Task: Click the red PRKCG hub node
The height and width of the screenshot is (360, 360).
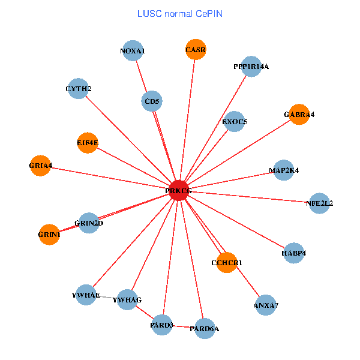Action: click(x=179, y=190)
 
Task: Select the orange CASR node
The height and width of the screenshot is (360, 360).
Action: click(x=196, y=50)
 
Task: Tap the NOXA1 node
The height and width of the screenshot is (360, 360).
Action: click(x=132, y=51)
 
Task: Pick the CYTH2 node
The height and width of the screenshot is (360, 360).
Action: click(x=78, y=89)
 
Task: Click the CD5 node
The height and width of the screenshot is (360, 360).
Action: click(x=152, y=101)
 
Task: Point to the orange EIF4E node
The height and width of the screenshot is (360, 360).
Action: click(x=88, y=142)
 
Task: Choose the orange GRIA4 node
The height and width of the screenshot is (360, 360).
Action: click(x=40, y=166)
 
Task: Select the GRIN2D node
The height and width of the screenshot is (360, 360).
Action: click(x=89, y=223)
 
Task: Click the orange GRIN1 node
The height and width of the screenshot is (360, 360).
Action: click(x=49, y=234)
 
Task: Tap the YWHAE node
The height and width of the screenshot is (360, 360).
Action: click(x=85, y=295)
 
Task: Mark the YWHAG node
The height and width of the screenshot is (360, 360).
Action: click(x=127, y=299)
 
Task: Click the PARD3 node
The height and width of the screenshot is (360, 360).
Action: click(x=161, y=325)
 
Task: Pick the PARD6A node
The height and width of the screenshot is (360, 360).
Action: click(x=204, y=328)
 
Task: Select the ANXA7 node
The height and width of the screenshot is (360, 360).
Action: click(x=266, y=305)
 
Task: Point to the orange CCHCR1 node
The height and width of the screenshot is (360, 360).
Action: click(x=227, y=262)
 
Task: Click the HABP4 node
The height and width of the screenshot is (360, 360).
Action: click(x=293, y=253)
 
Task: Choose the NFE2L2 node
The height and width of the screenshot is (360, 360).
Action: click(x=319, y=203)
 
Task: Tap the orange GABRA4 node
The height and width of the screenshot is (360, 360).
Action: click(x=299, y=114)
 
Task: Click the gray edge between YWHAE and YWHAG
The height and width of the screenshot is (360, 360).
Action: click(x=106, y=297)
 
